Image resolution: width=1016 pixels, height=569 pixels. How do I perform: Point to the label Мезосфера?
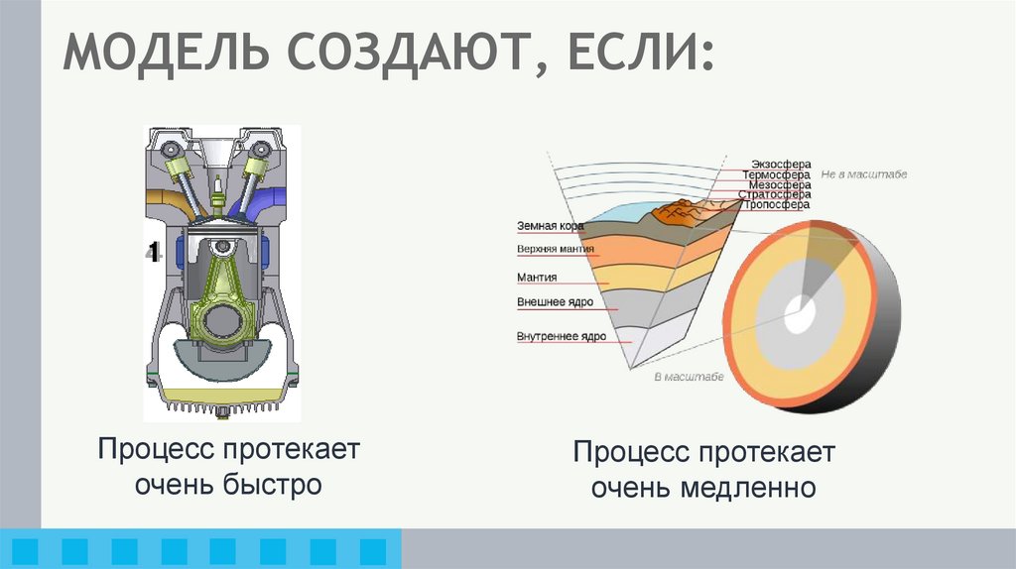[x=780, y=184]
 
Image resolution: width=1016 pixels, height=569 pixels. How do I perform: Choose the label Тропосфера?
[x=777, y=205]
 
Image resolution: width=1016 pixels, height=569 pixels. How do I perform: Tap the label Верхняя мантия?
[x=556, y=249]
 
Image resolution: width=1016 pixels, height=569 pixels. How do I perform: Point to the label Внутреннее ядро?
[x=561, y=337]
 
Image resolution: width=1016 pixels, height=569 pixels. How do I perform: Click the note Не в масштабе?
[x=864, y=174]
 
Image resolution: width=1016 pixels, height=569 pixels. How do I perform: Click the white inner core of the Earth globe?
[x=799, y=316]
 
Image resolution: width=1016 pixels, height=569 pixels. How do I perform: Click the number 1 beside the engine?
[x=154, y=250]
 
